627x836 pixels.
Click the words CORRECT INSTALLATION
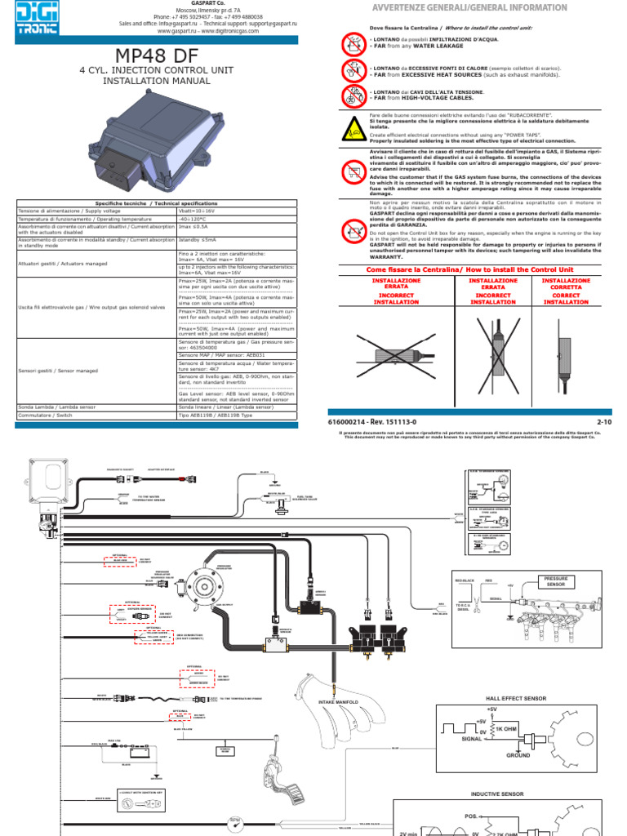click(x=566, y=297)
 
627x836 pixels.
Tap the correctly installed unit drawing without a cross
click(x=566, y=352)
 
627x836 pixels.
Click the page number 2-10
click(x=604, y=421)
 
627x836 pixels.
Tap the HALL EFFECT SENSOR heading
click(x=516, y=699)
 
